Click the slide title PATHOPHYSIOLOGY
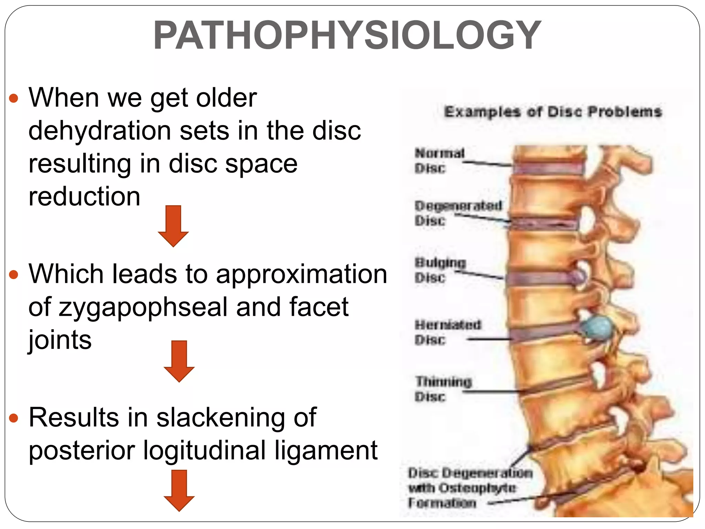click(x=347, y=35)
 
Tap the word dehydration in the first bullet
click(x=99, y=131)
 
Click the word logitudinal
click(x=204, y=450)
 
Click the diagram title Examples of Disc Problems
click(x=553, y=112)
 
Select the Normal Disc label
click(x=439, y=160)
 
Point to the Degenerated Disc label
click(x=458, y=213)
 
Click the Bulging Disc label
click(x=440, y=270)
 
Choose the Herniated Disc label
click(x=448, y=332)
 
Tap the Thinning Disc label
click(x=443, y=389)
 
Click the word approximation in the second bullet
click(x=302, y=274)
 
